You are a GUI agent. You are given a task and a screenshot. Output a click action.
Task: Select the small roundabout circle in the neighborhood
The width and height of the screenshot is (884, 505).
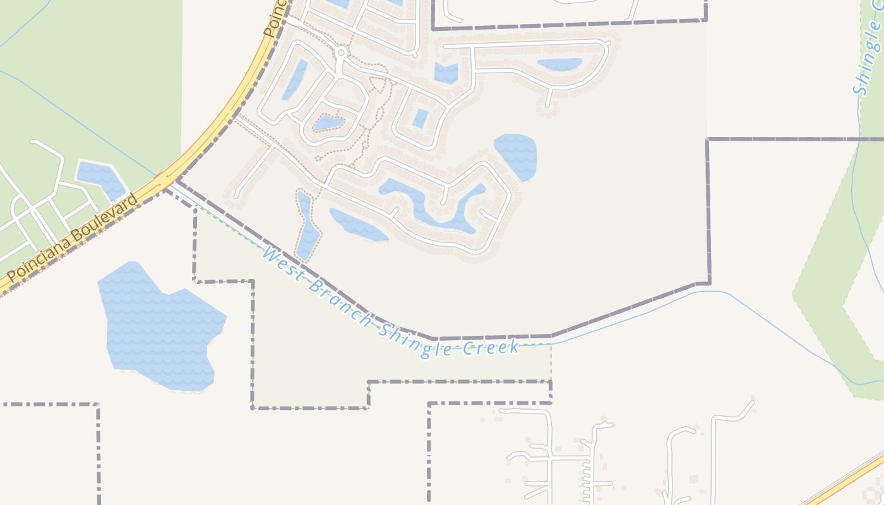coord(341,53)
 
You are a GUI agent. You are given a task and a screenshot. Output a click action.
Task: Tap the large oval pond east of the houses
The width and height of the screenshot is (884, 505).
coord(516,155)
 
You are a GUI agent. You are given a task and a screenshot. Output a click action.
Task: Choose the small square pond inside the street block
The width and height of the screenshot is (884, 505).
coord(421,118)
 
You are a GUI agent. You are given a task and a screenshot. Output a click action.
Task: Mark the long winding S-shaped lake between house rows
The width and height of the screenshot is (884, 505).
coord(429,205)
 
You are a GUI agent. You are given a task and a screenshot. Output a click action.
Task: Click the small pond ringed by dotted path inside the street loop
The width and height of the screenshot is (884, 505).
coord(328,122)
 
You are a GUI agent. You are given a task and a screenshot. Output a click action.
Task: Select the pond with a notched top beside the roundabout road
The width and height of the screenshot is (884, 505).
coord(446,73)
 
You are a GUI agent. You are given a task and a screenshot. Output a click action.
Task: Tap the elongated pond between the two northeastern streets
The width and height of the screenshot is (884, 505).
coord(559,64)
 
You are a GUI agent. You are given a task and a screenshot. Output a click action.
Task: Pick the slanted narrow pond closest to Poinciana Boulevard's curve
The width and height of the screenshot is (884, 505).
coord(294,80)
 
